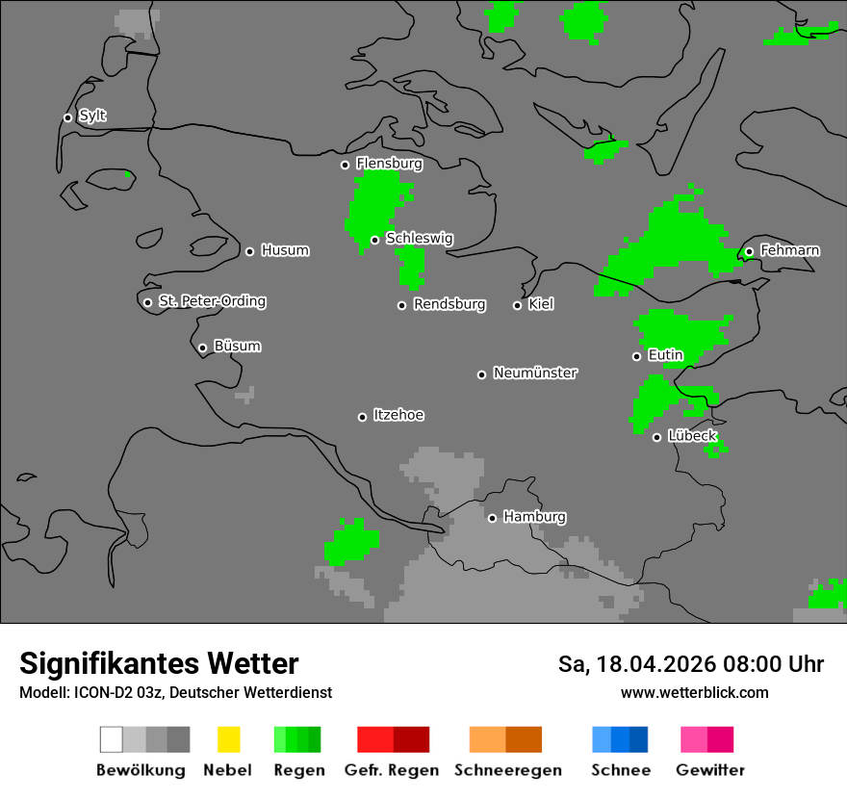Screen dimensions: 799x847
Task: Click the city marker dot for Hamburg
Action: coord(492,518)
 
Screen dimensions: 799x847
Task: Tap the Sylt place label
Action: coord(92,116)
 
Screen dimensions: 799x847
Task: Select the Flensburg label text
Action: coord(389,164)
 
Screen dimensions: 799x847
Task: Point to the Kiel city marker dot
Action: coord(517,305)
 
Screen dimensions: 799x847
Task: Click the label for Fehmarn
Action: coord(789,250)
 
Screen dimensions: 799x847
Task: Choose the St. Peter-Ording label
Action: coord(212,301)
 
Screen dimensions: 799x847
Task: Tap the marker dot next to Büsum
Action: coord(202,348)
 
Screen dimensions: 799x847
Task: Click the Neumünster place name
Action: coord(535,373)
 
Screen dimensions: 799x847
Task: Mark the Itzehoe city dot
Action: coord(362,417)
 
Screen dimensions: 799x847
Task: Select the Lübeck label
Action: coord(692,436)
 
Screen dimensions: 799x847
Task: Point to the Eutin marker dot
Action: coord(636,356)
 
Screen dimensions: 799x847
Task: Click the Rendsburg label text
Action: coord(449,304)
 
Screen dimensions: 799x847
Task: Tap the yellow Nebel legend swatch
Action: coord(228,739)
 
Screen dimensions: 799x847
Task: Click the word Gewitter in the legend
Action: coord(710,770)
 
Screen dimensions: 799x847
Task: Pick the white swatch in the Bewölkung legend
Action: coord(111,739)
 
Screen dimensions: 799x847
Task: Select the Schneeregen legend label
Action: coord(508,770)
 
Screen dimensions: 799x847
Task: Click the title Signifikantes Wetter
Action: coord(159,663)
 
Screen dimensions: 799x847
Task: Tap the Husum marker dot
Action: coord(249,251)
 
